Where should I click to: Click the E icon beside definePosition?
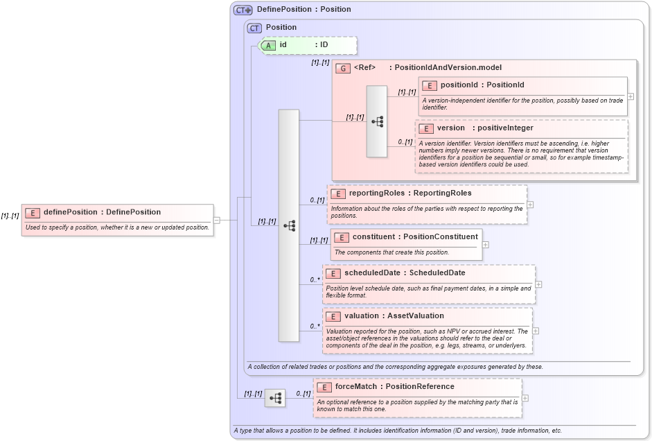pos(33,212)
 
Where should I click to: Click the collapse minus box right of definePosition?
pos(217,220)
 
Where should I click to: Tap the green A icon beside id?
pos(268,45)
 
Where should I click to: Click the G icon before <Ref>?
pos(342,68)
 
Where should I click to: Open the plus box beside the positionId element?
pos(631,96)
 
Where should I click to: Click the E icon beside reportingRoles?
pos(338,193)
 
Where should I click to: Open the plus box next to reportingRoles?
pos(530,205)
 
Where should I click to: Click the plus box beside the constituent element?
pos(485,245)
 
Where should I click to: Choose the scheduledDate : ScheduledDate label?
pos(405,273)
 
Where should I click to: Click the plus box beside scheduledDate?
pos(538,284)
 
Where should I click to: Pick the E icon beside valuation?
pos(333,316)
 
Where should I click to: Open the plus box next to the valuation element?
pos(536,331)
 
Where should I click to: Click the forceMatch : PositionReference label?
pos(395,387)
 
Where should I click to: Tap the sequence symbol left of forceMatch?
pos(275,398)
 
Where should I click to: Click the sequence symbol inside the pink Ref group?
pos(377,121)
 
